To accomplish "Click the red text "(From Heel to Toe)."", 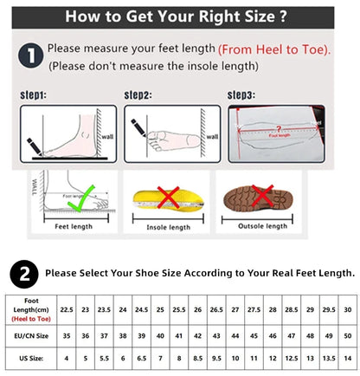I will tap(273, 50).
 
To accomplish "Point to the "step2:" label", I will tap(138, 95).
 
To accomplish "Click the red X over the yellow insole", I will tap(169, 198).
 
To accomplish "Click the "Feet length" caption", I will tap(74, 227).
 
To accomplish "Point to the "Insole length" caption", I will tap(168, 228).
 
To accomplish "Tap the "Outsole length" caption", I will tap(262, 227).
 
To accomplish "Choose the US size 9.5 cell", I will tap(215, 356).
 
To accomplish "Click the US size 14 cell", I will tap(346, 356).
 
